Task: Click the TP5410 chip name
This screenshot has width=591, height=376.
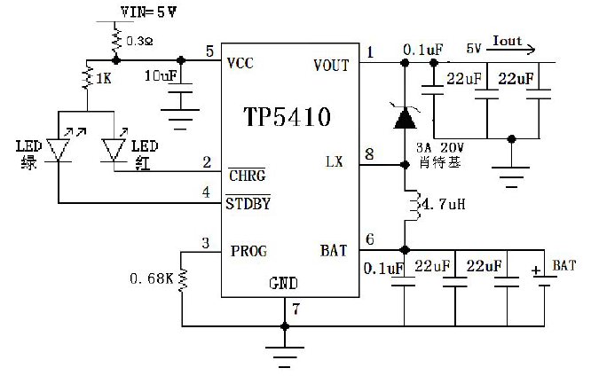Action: click(x=288, y=116)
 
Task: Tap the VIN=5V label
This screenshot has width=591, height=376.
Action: click(x=148, y=12)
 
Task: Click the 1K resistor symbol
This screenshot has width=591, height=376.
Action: click(x=88, y=77)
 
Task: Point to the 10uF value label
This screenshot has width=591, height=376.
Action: click(x=161, y=75)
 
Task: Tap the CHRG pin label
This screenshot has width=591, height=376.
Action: click(x=248, y=176)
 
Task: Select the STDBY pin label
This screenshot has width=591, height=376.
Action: click(x=248, y=204)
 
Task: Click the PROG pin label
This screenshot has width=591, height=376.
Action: click(x=248, y=251)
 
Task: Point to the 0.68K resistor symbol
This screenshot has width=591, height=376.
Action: click(x=183, y=279)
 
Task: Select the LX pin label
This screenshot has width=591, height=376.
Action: click(x=335, y=161)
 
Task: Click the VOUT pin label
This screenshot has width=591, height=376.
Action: click(x=331, y=65)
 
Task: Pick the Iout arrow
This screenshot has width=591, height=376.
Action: click(x=511, y=50)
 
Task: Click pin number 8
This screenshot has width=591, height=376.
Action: click(x=369, y=153)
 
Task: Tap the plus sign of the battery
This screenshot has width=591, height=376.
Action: click(x=536, y=270)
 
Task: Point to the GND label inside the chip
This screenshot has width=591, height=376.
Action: click(x=283, y=283)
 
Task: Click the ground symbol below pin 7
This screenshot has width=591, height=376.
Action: click(x=285, y=356)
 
